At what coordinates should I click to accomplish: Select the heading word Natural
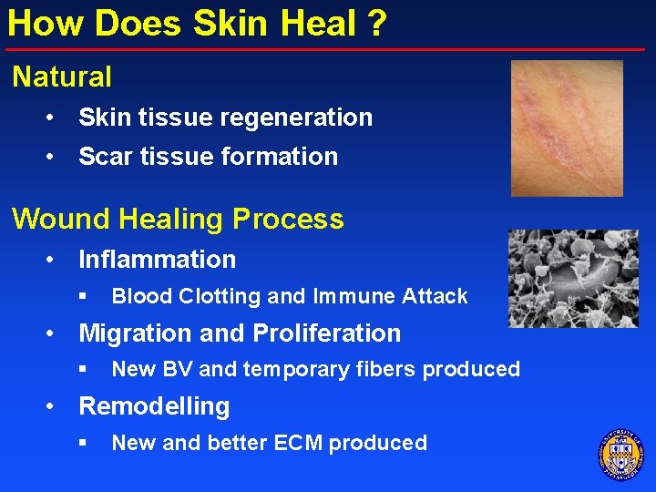click(62, 77)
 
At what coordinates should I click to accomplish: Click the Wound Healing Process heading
click(178, 220)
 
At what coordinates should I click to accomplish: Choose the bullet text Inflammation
click(157, 260)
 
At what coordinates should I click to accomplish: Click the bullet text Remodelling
click(154, 406)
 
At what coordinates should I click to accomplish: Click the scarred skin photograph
click(567, 128)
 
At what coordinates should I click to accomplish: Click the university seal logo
click(620, 453)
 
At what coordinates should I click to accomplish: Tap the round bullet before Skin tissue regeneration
click(55, 118)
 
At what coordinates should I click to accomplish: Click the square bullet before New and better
click(82, 444)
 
